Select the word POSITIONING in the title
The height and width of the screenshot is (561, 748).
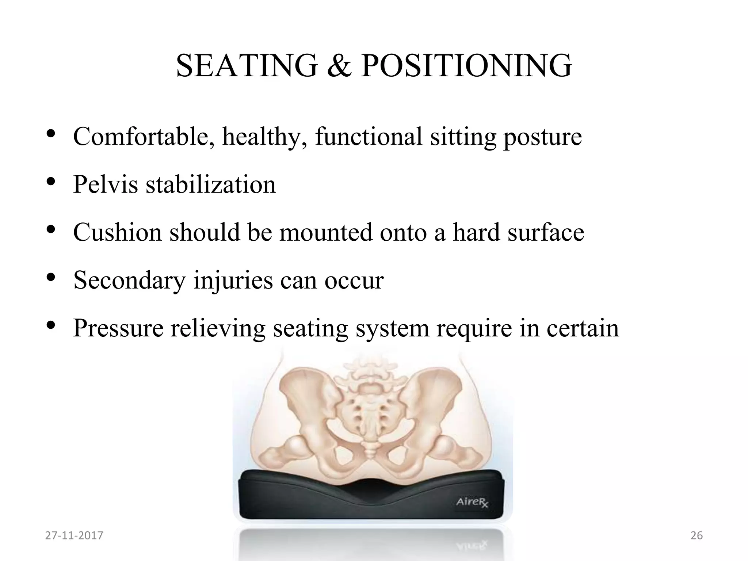pos(466,66)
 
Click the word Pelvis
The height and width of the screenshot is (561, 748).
pos(105,184)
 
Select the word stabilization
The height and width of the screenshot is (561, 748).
pos(211,184)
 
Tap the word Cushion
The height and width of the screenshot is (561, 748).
pos(117,232)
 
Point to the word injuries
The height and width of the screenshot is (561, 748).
pos(233,281)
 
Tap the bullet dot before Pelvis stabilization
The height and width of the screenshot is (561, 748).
pos(51,181)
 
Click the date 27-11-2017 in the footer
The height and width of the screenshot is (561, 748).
pos(74,535)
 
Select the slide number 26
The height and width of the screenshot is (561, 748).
pos(697,535)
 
